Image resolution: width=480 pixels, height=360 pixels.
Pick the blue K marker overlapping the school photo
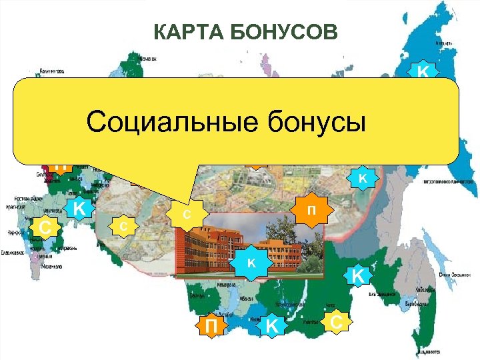251,263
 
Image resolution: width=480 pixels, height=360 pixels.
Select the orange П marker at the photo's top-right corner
310,211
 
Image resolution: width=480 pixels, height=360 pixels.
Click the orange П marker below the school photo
211,326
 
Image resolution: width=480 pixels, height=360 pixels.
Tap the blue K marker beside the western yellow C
79,209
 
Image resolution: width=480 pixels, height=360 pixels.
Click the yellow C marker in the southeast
337,322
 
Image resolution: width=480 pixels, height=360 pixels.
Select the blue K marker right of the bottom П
271,326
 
